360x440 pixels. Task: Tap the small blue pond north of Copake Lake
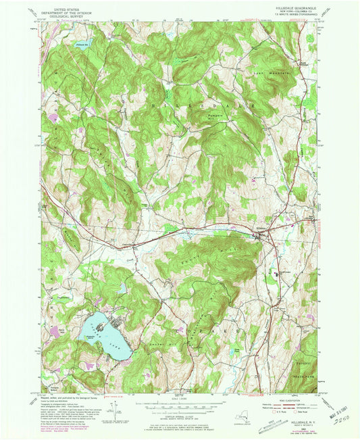[122, 289]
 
